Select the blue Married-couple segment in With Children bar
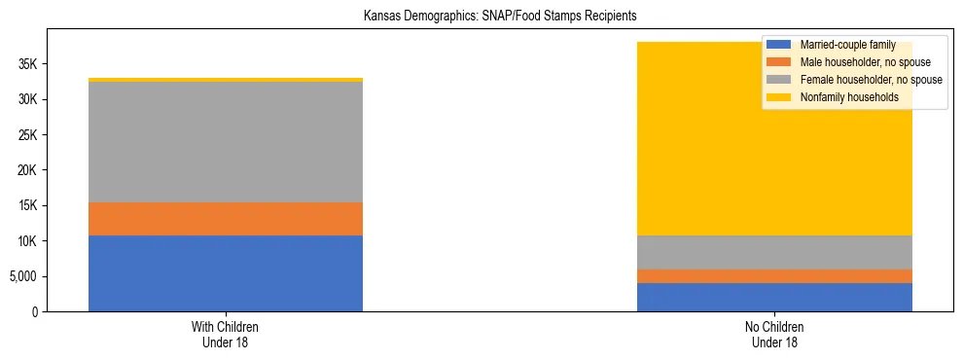pyautogui.click(x=226, y=273)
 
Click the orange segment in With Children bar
pyautogui.click(x=226, y=219)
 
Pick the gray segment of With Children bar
pyautogui.click(x=226, y=142)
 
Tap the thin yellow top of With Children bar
pyautogui.click(x=226, y=80)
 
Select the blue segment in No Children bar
pyautogui.click(x=774, y=297)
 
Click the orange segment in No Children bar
pyautogui.click(x=774, y=276)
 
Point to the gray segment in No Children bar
pyautogui.click(x=774, y=252)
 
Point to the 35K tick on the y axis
pyautogui.click(x=25, y=64)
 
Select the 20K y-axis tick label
pyautogui.click(x=25, y=170)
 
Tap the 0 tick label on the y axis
pyautogui.click(x=33, y=311)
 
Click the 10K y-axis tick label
pyautogui.click(x=25, y=241)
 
